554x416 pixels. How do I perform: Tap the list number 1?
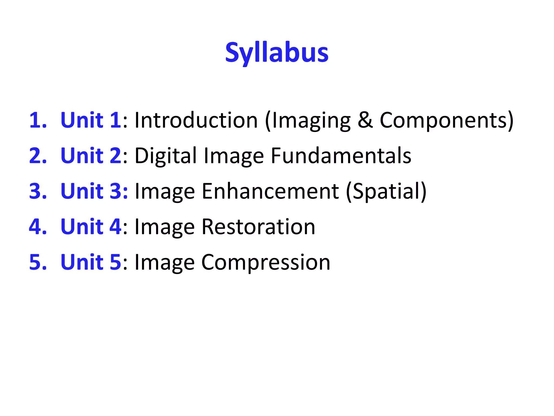(37, 120)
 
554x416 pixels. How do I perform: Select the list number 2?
(38, 155)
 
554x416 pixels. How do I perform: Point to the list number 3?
(38, 191)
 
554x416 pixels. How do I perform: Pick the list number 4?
(38, 227)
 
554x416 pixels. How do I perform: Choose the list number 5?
(38, 262)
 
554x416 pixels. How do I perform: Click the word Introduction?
(196, 120)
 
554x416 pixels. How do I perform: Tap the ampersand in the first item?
(365, 120)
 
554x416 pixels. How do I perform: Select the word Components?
(444, 120)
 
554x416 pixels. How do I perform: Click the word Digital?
(166, 156)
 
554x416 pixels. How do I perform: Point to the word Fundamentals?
(341, 155)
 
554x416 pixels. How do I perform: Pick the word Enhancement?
(270, 191)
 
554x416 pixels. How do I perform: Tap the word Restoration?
(258, 227)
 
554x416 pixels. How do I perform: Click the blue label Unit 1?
(91, 120)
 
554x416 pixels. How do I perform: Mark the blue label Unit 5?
(91, 262)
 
